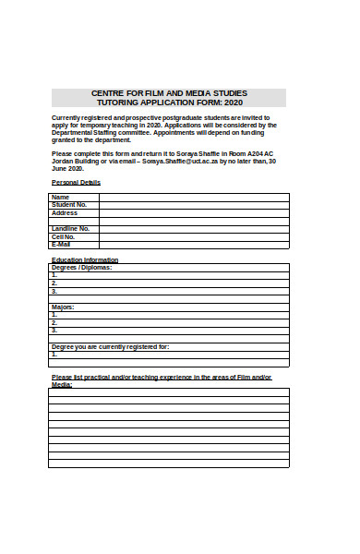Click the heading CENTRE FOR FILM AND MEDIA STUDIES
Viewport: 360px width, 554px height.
(x=169, y=93)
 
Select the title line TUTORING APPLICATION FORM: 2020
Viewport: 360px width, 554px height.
(x=169, y=103)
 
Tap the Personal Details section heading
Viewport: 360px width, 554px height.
(x=76, y=183)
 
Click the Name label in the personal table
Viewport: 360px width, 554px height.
(x=61, y=197)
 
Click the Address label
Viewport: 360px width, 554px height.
(x=65, y=212)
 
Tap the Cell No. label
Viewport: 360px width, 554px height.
(x=64, y=236)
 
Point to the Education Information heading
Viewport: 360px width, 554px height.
(x=85, y=259)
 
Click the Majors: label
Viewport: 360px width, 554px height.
(x=63, y=306)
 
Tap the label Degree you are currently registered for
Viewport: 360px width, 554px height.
(x=110, y=345)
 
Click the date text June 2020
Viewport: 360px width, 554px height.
(x=68, y=169)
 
